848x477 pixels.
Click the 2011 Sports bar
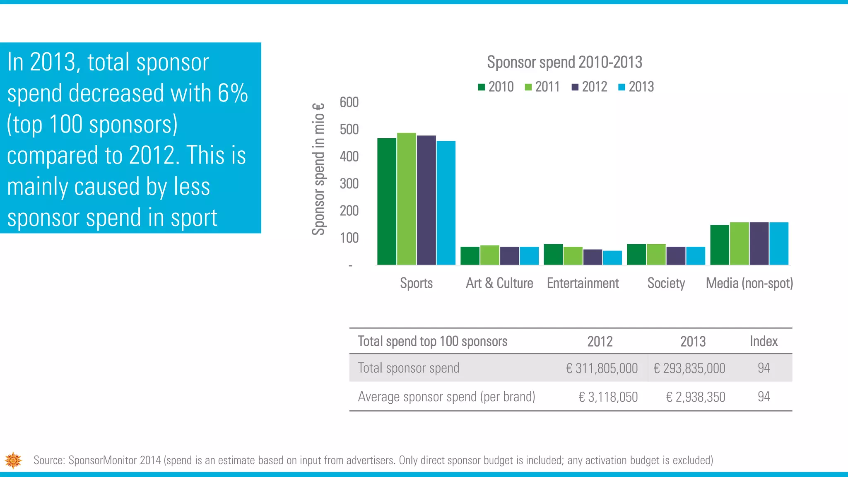click(x=406, y=199)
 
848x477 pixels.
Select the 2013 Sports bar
click(x=446, y=203)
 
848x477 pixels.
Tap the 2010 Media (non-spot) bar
click(x=720, y=245)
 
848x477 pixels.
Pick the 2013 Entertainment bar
click(x=612, y=258)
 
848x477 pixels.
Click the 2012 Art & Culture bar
click(x=509, y=255)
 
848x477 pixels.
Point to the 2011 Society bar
click(x=656, y=254)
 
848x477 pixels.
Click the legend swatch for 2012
click(x=575, y=87)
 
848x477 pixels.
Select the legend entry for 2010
click(x=496, y=87)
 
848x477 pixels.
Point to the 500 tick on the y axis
click(x=349, y=130)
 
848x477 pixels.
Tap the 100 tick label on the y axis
click(x=349, y=238)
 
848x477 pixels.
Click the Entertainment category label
click(x=583, y=283)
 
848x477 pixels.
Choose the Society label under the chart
click(x=666, y=283)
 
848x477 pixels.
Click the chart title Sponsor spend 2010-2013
click(x=564, y=63)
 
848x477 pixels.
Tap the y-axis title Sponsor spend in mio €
click(x=318, y=169)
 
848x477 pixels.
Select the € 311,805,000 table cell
click(x=602, y=368)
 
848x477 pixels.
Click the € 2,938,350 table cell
click(x=696, y=397)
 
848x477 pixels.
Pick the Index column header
click(x=764, y=341)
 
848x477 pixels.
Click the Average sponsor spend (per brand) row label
click(x=446, y=397)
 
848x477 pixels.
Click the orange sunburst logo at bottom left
click(x=13, y=460)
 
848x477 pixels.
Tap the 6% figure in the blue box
click(x=233, y=93)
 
